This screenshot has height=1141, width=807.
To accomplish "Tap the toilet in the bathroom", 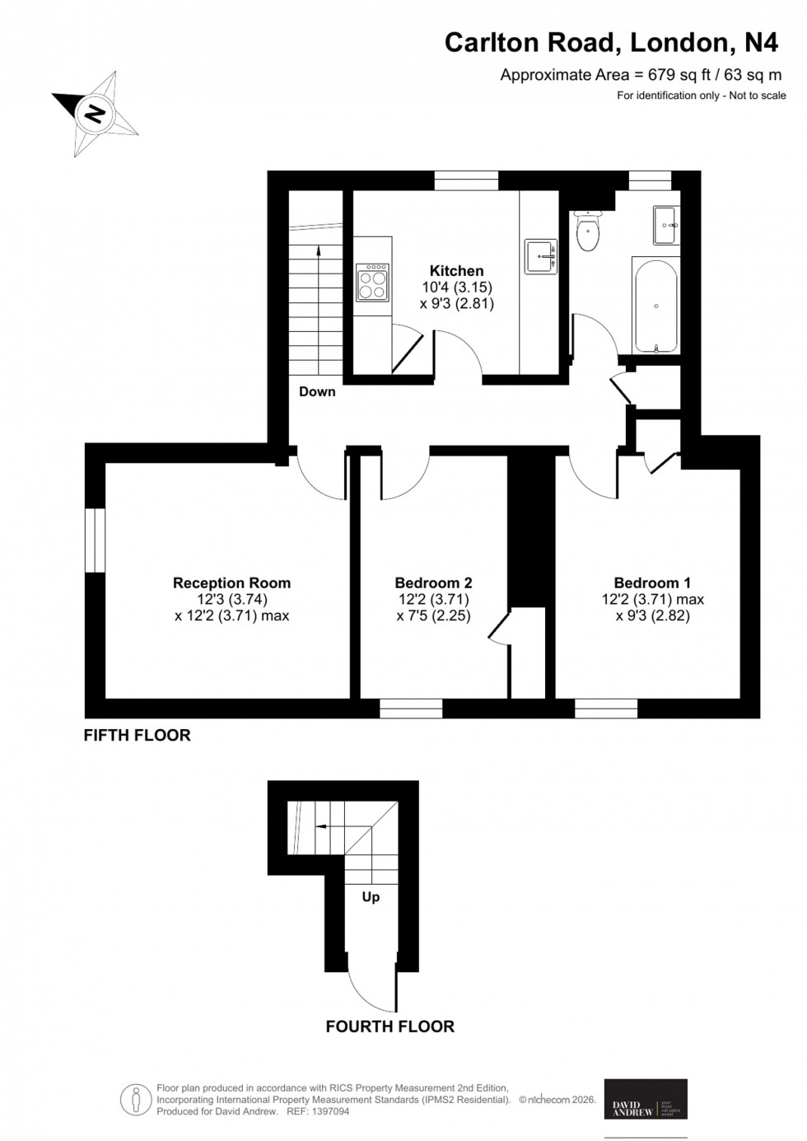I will click(x=588, y=231).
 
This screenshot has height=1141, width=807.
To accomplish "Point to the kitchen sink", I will click(x=542, y=257).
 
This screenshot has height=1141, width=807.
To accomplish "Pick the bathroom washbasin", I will click(x=665, y=224).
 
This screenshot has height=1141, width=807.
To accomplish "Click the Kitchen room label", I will click(x=457, y=271).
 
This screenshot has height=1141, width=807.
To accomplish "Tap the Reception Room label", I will click(x=231, y=583).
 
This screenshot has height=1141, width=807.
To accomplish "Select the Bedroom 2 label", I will click(x=433, y=583).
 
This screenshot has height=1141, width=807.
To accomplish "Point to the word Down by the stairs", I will click(x=317, y=392).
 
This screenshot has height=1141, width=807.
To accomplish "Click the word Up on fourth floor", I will click(x=371, y=897).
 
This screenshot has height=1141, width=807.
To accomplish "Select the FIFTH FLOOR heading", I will click(x=138, y=736).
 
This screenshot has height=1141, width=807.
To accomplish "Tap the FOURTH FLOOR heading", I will click(x=390, y=1026).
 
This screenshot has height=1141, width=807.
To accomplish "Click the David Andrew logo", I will click(x=646, y=1099).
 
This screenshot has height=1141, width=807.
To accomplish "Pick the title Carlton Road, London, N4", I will click(x=611, y=43).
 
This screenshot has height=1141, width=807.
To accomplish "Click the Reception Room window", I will click(x=95, y=540).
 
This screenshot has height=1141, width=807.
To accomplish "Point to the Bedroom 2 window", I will click(x=411, y=708).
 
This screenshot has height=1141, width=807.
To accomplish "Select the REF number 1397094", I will click(x=329, y=1111).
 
